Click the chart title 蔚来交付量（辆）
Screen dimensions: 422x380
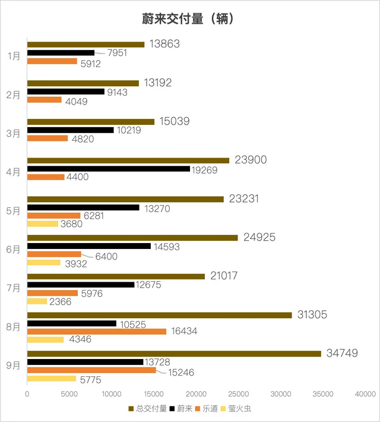point(189,18)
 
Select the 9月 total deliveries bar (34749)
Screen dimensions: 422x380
point(174,354)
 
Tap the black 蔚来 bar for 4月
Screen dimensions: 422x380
point(109,169)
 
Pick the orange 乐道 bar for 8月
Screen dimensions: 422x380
point(97,331)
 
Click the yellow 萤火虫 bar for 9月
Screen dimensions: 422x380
point(52,379)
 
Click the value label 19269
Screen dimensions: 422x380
point(204,169)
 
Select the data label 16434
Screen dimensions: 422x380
point(183,331)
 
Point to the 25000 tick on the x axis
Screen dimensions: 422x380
point(239,393)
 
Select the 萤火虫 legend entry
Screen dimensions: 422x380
point(240,408)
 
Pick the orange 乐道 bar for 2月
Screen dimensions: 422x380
point(45,99)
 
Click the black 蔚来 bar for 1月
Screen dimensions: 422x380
point(61,53)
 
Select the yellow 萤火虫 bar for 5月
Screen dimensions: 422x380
point(43,224)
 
